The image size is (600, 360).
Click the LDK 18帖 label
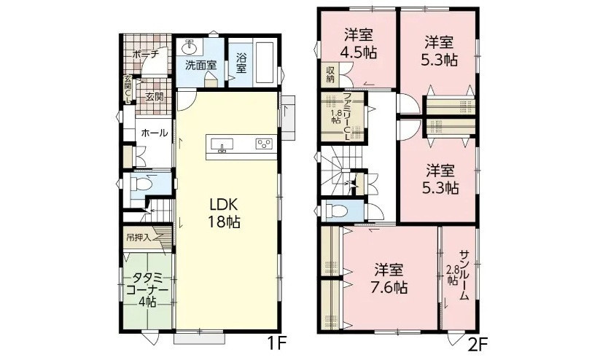(224, 213)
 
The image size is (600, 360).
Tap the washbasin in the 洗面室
(189, 48)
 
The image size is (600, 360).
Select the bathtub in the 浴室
(264, 63)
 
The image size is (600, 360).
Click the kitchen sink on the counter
(222, 144)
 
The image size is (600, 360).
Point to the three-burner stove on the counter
(264, 144)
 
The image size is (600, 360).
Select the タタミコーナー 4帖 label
(147, 289)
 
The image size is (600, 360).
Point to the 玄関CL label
(128, 90)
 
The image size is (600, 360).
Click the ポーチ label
(145, 55)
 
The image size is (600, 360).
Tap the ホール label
(155, 133)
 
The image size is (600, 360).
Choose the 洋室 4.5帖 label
(358, 44)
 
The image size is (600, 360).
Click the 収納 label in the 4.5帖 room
(330, 74)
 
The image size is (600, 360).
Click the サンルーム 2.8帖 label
(459, 275)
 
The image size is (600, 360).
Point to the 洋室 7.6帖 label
(389, 278)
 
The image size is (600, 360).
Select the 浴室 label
(241, 63)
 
